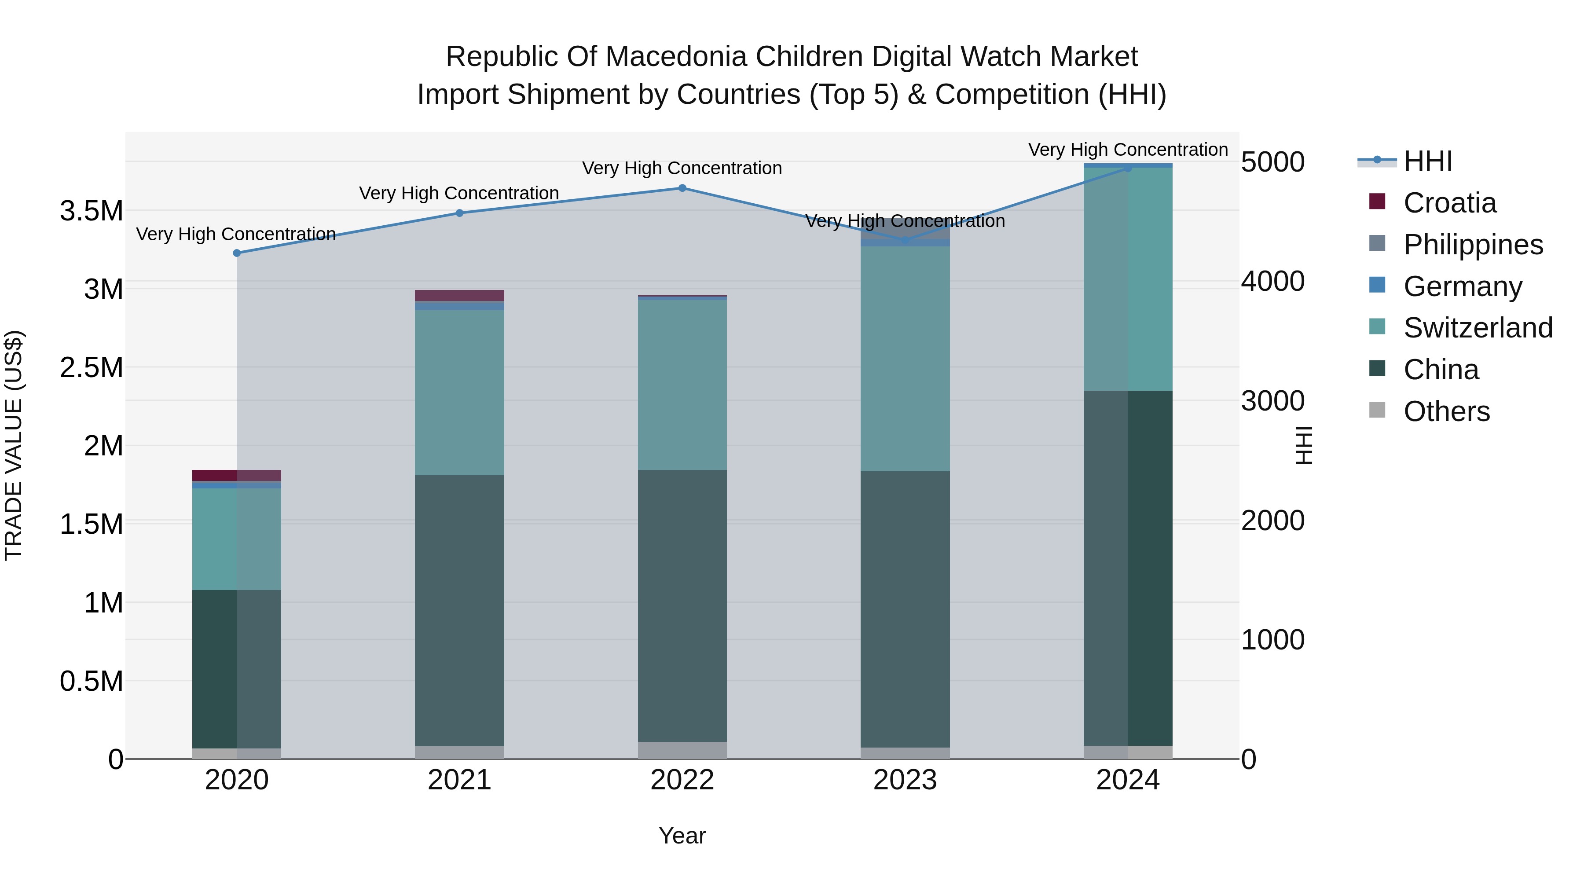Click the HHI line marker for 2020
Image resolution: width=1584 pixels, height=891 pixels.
pos(237,253)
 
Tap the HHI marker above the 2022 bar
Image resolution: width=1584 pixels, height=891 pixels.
pos(682,188)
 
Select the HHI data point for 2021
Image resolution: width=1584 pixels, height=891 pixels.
pos(459,213)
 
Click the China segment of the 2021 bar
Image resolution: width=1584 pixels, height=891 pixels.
pos(459,609)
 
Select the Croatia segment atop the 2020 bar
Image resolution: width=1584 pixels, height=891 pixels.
pos(237,475)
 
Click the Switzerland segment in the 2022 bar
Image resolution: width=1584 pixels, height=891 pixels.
pos(682,384)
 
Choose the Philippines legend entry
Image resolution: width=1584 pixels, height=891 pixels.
pos(1472,244)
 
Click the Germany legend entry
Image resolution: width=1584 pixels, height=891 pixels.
pos(1462,286)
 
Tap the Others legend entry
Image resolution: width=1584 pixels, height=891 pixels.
pos(1446,411)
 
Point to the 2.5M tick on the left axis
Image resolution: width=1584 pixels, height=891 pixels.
pos(91,368)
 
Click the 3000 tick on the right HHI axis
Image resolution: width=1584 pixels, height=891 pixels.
pos(1272,401)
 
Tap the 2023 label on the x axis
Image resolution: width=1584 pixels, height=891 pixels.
pos(905,780)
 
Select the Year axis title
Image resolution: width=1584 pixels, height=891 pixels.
pos(682,836)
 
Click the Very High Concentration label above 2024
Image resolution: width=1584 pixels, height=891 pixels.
pos(1128,150)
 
